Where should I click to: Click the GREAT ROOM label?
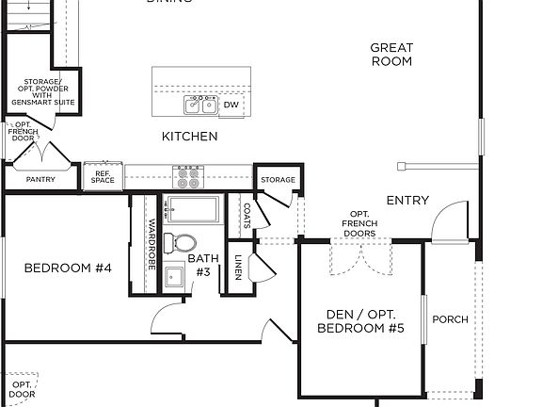coord(391,55)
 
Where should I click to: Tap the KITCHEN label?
coord(189,137)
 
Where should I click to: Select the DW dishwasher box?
coord(231,105)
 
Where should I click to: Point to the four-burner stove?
coord(188,175)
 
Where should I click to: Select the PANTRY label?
coord(40,179)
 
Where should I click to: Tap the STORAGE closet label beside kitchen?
coord(278,180)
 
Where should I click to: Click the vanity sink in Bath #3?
coord(175,277)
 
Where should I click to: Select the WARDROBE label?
coord(151,245)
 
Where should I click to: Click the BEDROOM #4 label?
coord(68,269)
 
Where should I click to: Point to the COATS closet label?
coord(247,216)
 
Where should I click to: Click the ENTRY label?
coord(407,201)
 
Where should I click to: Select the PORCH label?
coord(450,319)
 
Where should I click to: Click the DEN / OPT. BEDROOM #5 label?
coord(360,320)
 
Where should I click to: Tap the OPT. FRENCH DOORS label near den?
coord(360,223)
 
